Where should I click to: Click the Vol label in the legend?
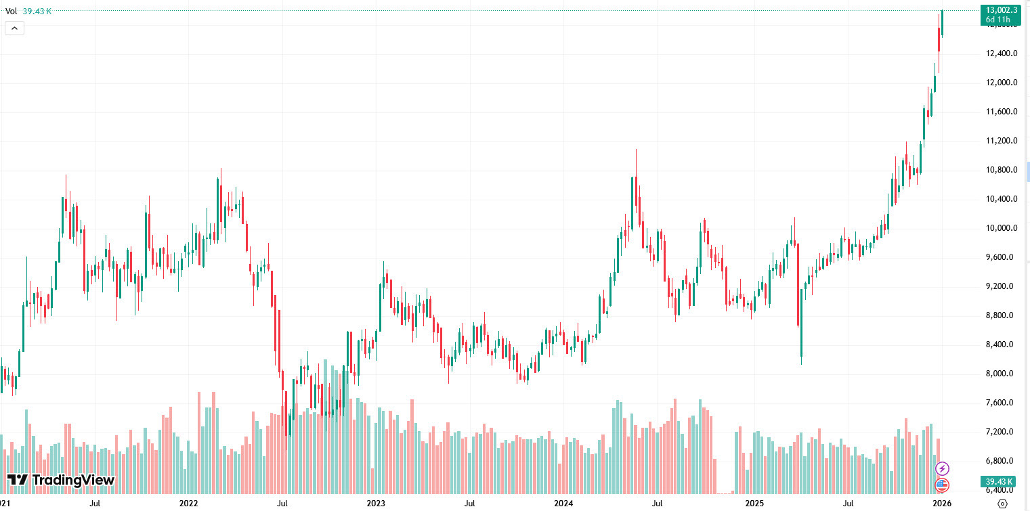click(12, 11)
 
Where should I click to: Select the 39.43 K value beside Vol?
click(37, 11)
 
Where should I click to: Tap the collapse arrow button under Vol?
click(15, 28)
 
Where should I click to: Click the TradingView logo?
click(62, 481)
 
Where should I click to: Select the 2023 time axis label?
click(376, 504)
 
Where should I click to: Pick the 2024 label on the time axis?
click(563, 504)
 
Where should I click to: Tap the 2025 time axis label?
click(754, 504)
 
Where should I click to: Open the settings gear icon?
click(1003, 504)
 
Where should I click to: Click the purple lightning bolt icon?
click(942, 468)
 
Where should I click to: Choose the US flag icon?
click(942, 485)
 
